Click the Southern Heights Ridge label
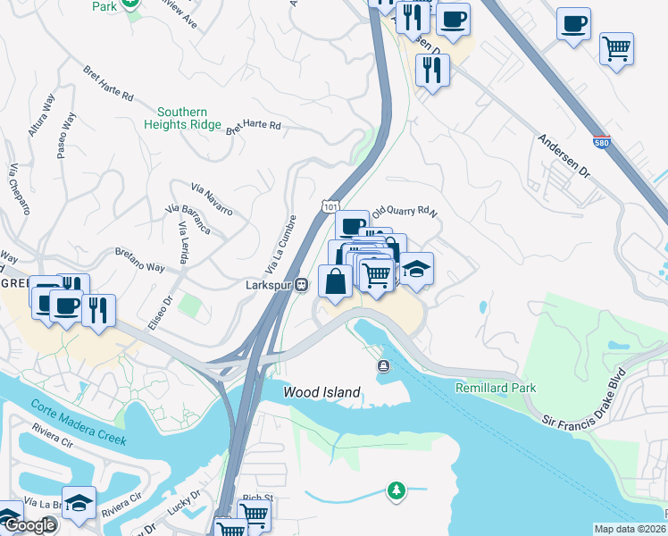(x=182, y=117)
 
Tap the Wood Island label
(x=321, y=392)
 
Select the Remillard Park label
(x=496, y=389)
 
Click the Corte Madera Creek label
(x=79, y=422)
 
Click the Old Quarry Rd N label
(x=405, y=212)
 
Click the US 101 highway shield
(x=330, y=206)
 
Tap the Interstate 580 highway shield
(x=603, y=142)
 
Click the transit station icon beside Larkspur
(x=302, y=285)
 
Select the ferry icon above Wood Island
(x=383, y=364)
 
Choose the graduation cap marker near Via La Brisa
(x=79, y=503)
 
